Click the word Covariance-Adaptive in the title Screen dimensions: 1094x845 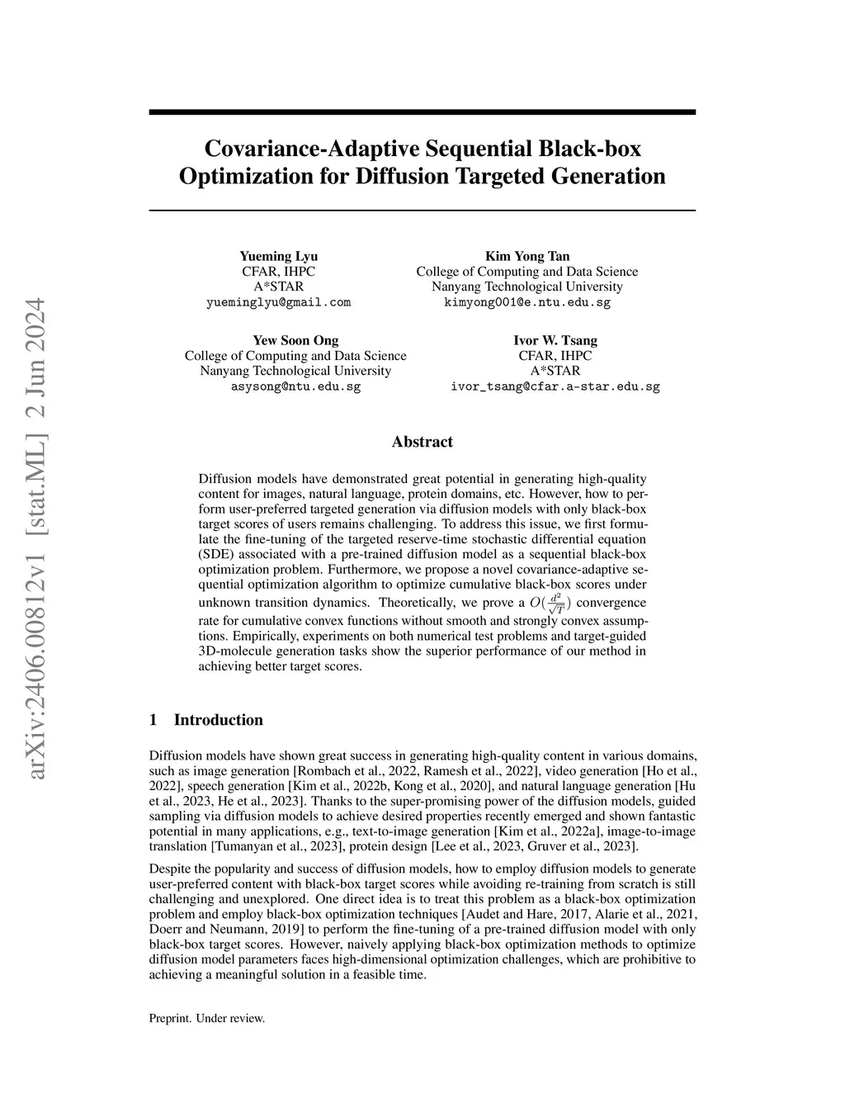pyautogui.click(x=312, y=149)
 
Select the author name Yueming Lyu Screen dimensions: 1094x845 pyautogui.click(x=278, y=256)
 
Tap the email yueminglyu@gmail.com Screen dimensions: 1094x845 pyautogui.click(x=278, y=302)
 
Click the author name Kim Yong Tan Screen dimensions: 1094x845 pyautogui.click(x=526, y=256)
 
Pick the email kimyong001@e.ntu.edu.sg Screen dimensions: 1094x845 pyautogui.click(x=526, y=302)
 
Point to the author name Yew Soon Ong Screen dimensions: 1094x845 pyautogui.click(x=295, y=340)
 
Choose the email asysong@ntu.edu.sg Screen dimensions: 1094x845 pyautogui.click(x=295, y=386)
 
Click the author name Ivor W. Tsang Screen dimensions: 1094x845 pyautogui.click(x=555, y=340)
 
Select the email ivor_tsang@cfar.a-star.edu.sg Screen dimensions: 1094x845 pyautogui.click(x=555, y=386)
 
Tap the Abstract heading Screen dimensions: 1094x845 pyautogui.click(x=422, y=442)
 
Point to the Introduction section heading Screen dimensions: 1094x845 pyautogui.click(x=218, y=720)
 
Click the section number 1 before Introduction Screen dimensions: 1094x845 pyautogui.click(x=153, y=720)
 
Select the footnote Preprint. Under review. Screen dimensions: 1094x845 pyautogui.click(x=206, y=1018)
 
